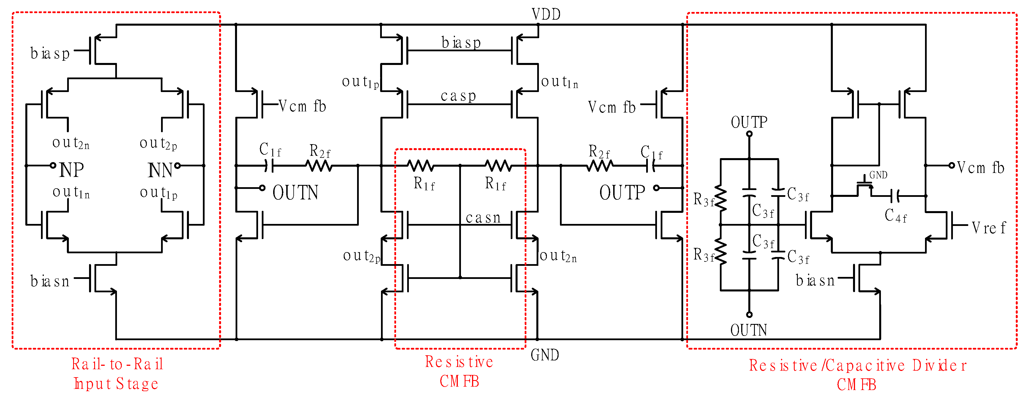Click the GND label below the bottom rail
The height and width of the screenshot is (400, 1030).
pyautogui.click(x=545, y=355)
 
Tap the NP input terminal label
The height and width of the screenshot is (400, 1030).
pyautogui.click(x=72, y=170)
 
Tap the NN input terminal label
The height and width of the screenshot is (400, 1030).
pyautogui.click(x=160, y=170)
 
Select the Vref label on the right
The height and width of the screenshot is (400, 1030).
pyautogui.click(x=988, y=228)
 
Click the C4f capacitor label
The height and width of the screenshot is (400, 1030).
pyautogui.click(x=895, y=216)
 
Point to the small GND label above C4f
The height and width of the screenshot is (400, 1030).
pyautogui.click(x=878, y=175)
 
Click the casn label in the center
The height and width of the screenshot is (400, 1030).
pyautogui.click(x=483, y=217)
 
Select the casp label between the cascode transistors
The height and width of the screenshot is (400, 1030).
pyautogui.click(x=458, y=96)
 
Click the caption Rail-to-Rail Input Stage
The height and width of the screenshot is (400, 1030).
pyautogui.click(x=117, y=374)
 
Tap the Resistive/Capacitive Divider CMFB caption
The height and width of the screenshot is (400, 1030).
pyautogui.click(x=857, y=375)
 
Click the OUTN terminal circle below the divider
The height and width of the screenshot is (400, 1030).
pyautogui.click(x=749, y=315)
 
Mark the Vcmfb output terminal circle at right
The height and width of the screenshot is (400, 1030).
pyautogui.click(x=952, y=165)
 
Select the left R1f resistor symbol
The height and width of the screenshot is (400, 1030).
pyautogui.click(x=421, y=165)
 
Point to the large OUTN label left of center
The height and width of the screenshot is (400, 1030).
pyautogui.click(x=296, y=193)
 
